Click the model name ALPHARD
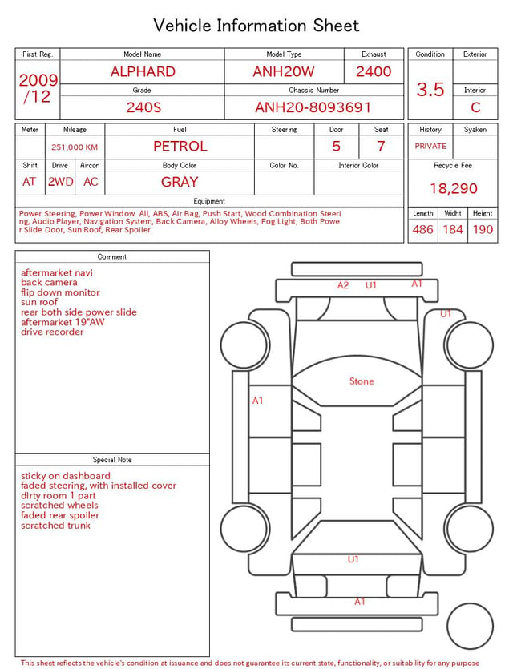pos(143,71)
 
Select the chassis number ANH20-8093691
pos(313,107)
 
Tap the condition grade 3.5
pos(430,90)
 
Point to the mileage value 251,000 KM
pos(75,147)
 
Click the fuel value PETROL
pos(180,147)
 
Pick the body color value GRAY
pos(180,182)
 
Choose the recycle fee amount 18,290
pos(453,188)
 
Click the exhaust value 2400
pos(374,71)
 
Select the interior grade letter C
pos(475,107)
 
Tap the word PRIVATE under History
pos(430,146)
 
